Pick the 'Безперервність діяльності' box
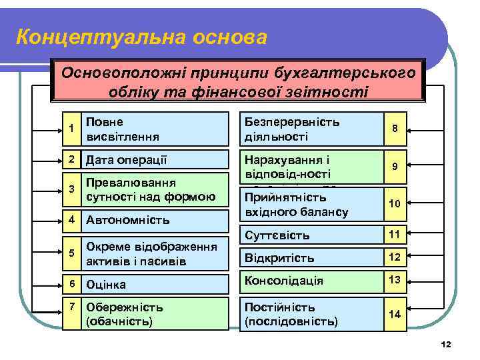tap(307, 129)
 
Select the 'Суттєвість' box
tap(307, 235)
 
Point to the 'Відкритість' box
tap(307, 257)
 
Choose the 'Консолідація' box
tap(307, 281)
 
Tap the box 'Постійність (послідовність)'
tap(307, 314)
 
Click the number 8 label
tap(395, 129)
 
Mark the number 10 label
tap(395, 203)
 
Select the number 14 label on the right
tap(395, 314)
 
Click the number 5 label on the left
tap(71, 251)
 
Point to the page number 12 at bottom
tap(447, 344)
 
